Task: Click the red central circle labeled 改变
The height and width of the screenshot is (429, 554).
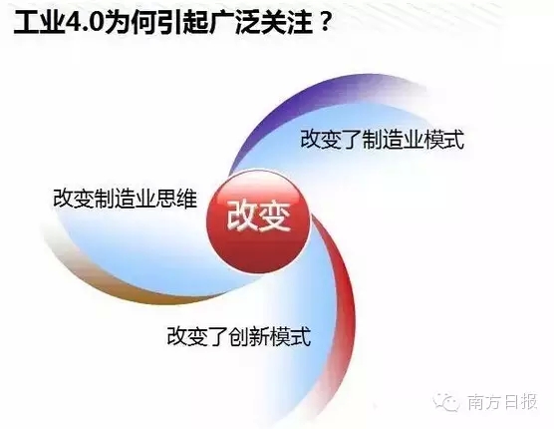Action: pyautogui.click(x=258, y=220)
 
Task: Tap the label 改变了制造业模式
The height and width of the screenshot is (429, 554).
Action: pyautogui.click(x=382, y=140)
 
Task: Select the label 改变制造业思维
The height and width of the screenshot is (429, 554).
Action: pyautogui.click(x=126, y=199)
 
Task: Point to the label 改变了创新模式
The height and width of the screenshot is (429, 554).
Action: pyautogui.click(x=239, y=336)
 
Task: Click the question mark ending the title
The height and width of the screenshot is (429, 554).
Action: pyautogui.click(x=326, y=23)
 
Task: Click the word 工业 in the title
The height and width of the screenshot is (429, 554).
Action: pyautogui.click(x=39, y=23)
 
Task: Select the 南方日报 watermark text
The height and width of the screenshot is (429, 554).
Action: pyautogui.click(x=502, y=402)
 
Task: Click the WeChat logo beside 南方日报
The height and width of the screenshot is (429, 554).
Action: pyautogui.click(x=447, y=402)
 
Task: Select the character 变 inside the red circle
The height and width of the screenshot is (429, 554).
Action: pyautogui.click(x=276, y=216)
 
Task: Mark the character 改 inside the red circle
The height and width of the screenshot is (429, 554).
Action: pyautogui.click(x=242, y=216)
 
